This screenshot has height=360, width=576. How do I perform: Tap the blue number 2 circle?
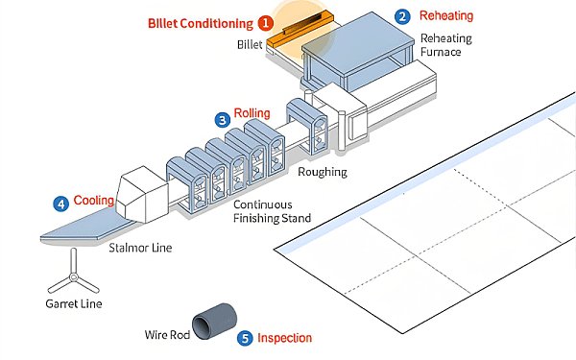[x=403, y=16]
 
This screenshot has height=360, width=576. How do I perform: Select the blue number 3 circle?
[x=223, y=120]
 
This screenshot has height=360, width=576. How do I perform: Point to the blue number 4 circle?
[x=61, y=204]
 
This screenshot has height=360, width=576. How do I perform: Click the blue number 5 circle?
[x=246, y=338]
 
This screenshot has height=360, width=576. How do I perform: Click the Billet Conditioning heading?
[x=201, y=22]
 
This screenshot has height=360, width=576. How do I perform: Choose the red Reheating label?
[x=447, y=16]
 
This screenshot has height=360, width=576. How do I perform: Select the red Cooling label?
[x=94, y=202]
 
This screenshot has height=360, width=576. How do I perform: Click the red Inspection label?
[x=285, y=338]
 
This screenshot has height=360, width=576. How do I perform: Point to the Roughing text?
[x=322, y=173]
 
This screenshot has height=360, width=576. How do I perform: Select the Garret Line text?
[x=74, y=304]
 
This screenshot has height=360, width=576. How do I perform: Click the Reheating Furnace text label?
[x=441, y=45]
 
